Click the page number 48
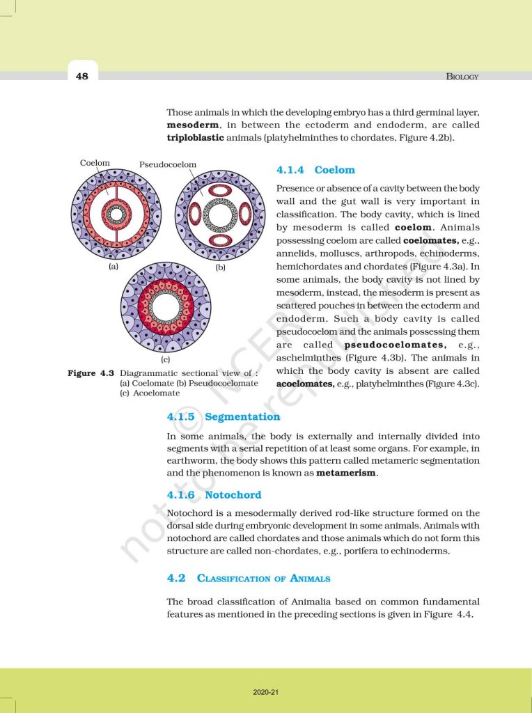tap(82, 76)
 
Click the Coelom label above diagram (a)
tap(95, 163)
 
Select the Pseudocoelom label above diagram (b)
tap(168, 165)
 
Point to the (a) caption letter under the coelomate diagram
tap(112, 266)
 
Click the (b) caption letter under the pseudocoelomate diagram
tap(221, 266)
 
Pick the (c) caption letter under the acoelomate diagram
tap(166, 359)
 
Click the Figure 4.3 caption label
tap(91, 373)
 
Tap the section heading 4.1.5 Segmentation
tap(223, 416)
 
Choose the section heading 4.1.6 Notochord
tap(214, 495)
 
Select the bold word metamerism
tap(347, 473)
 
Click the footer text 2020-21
tap(265, 692)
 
